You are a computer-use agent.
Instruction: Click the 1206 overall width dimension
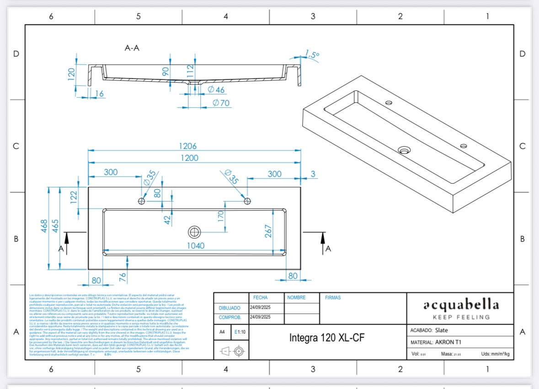(188, 146)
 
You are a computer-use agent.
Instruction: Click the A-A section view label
(132, 48)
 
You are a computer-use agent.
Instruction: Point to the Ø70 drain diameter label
(221, 103)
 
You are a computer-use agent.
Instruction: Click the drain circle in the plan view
(194, 232)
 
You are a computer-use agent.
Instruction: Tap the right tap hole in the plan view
(247, 201)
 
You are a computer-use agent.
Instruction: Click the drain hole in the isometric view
(404, 150)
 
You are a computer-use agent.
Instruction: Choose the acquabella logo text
(460, 305)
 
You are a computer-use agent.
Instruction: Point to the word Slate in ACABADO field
(441, 330)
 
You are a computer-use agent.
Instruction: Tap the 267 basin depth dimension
(268, 230)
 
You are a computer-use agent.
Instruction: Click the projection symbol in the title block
(231, 352)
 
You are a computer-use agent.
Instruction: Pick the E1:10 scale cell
(240, 332)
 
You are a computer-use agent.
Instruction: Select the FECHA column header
(260, 298)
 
